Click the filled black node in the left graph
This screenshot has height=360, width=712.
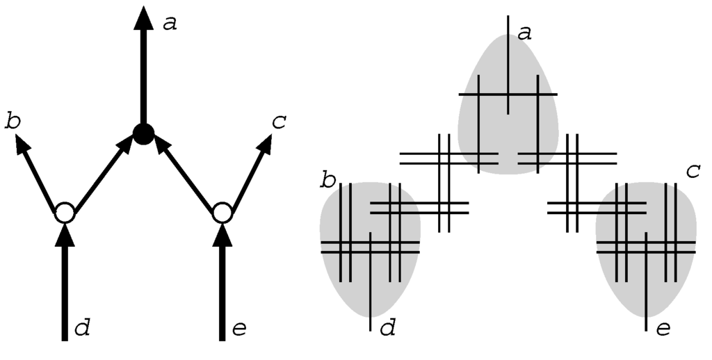(x=143, y=133)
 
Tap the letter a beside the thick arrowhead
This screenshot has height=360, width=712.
(x=169, y=24)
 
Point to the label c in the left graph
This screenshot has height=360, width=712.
(x=279, y=122)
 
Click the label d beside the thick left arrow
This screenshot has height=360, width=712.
(x=82, y=327)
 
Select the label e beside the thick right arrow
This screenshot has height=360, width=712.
(x=238, y=327)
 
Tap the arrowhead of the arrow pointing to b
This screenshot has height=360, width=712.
(x=23, y=144)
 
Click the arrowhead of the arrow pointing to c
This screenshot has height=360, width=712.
(x=264, y=144)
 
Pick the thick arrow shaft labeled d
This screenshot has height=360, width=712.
(x=64, y=292)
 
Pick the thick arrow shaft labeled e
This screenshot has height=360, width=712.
(x=221, y=292)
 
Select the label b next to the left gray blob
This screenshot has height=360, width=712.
(x=327, y=181)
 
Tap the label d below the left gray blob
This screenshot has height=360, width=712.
(x=387, y=327)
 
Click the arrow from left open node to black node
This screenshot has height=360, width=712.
(x=102, y=174)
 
